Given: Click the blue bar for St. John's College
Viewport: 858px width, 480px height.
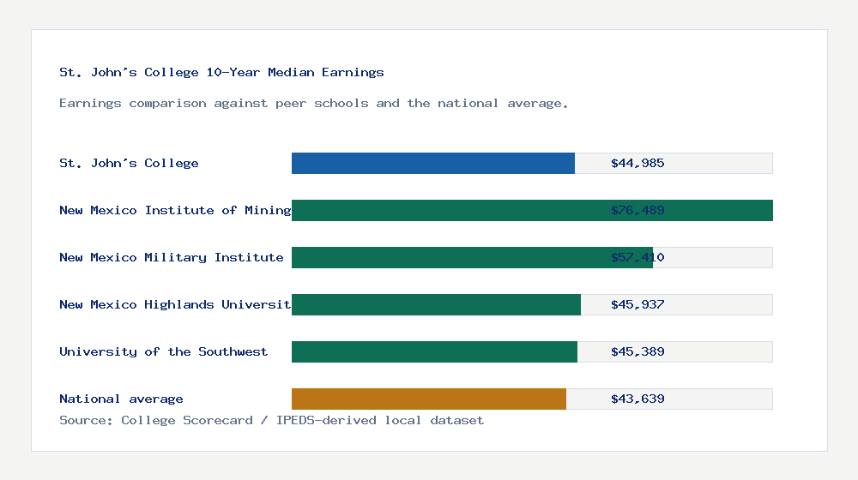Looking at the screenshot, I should pos(433,163).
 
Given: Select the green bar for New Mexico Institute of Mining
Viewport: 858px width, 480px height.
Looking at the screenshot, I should pos(532,210).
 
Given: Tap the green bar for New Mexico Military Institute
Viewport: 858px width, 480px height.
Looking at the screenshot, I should pos(472,257).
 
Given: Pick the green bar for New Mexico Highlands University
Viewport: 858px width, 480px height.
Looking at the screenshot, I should pos(436,304).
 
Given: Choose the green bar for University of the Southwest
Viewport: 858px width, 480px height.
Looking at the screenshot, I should pos(434,351).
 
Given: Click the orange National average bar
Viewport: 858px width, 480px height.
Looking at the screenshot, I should pos(429,399).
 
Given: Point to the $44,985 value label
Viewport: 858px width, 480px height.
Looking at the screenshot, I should pos(637,163).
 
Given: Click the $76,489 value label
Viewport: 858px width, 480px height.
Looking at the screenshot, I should pos(637,210).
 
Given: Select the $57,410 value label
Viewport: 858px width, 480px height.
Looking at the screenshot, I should pos(637,257).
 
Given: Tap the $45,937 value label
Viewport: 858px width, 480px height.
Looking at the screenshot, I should pos(637,304).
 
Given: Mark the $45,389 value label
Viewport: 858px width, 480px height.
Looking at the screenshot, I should pos(637,351).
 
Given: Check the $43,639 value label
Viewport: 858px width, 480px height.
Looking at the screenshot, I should pos(637,399).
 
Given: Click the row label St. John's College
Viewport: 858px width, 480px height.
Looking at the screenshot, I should pos(129,163).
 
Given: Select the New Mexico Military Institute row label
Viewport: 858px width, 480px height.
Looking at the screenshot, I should pos(172,257).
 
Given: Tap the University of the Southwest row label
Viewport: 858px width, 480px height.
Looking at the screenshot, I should pos(163,351).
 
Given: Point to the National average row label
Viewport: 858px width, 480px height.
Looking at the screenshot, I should pos(121,399).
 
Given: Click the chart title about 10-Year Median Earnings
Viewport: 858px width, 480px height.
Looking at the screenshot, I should pos(221,73).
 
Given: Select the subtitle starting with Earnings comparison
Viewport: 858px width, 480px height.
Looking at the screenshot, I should pos(314,103).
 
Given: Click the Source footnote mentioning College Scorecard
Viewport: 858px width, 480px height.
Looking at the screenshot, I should pos(271,420).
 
